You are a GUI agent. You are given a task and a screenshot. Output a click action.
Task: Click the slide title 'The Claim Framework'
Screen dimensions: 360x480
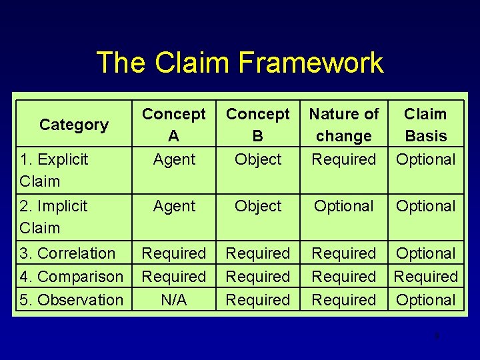(240, 63)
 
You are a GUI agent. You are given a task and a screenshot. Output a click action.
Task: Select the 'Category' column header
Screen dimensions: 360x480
(73, 125)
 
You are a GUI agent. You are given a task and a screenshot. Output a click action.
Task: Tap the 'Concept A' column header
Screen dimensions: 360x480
(174, 125)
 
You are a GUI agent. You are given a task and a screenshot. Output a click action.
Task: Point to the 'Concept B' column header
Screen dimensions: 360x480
(258, 125)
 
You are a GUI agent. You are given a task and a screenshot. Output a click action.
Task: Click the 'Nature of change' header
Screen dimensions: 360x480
(344, 125)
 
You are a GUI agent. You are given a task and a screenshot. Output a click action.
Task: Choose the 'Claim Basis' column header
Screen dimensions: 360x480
(425, 125)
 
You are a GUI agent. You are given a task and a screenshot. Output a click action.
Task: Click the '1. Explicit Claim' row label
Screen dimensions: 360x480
(54, 170)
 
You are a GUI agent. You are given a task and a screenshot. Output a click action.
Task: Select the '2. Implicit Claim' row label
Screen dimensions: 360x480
(54, 217)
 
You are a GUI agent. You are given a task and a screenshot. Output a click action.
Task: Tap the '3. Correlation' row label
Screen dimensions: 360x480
(67, 253)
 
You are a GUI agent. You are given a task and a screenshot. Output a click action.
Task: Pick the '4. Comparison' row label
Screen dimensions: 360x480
(71, 277)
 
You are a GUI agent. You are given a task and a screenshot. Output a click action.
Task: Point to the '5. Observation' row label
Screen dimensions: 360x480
(71, 300)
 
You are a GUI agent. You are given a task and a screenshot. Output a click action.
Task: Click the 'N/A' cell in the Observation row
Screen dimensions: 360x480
(174, 300)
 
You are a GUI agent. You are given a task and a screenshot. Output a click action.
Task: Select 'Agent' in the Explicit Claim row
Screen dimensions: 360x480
(174, 159)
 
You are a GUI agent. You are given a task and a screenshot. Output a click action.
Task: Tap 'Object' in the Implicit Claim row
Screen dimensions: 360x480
(258, 206)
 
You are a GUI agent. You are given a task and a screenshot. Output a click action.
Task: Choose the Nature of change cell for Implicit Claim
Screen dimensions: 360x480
(344, 206)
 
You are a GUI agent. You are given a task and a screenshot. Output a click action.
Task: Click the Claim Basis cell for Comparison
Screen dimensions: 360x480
(425, 277)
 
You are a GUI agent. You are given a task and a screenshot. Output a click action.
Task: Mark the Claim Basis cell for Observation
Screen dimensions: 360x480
(425, 300)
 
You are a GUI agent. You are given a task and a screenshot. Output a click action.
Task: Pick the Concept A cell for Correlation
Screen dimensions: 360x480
(174, 253)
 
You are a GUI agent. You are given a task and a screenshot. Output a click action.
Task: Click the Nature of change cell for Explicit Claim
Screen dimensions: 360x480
(344, 159)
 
